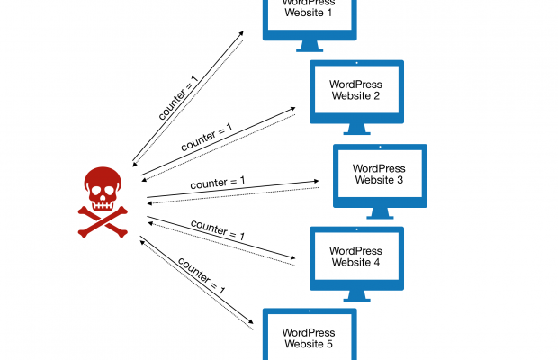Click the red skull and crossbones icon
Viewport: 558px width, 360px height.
pos(102,201)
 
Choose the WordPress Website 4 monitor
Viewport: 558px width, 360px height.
pos(356,256)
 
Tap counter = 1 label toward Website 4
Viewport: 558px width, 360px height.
pos(217,230)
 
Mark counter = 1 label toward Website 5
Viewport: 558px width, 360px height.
pos(201,279)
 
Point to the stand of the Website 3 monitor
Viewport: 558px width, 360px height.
pos(379,213)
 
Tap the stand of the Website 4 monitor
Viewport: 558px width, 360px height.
pos(356,296)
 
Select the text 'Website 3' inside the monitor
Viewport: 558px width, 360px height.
pos(379,181)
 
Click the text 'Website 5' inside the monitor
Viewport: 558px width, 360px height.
pos(309,343)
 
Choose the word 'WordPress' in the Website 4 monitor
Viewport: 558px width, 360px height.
pos(356,250)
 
